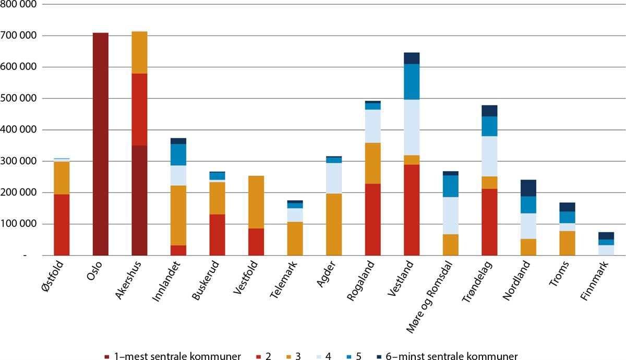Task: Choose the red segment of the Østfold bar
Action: tap(62, 224)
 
